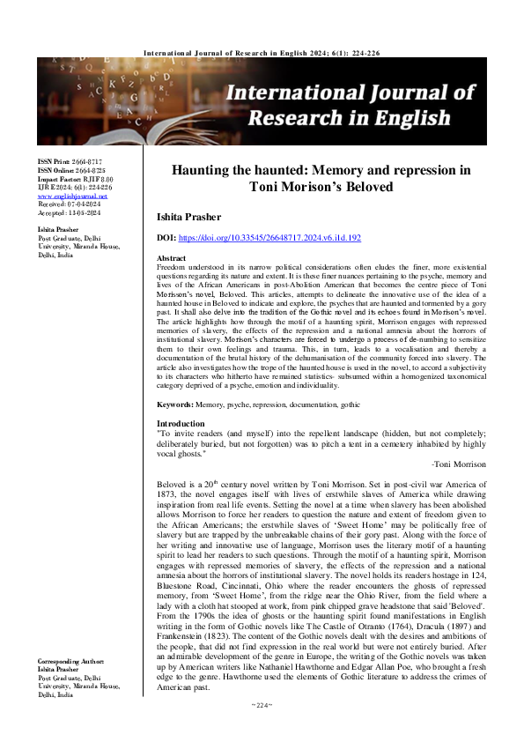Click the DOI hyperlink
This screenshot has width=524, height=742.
coord(274,213)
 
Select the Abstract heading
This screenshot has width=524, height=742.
coord(170,233)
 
